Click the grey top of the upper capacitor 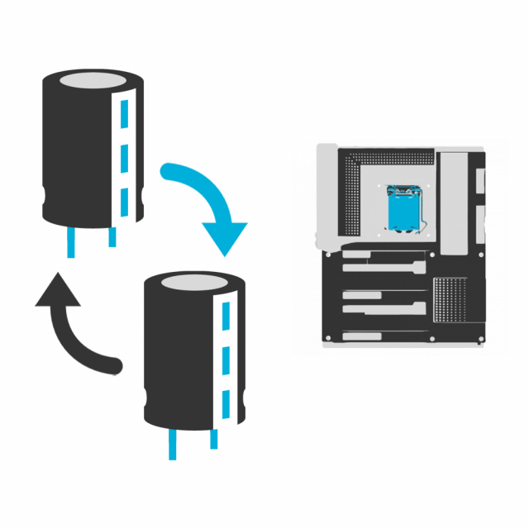[93, 82]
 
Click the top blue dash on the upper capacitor [125, 112]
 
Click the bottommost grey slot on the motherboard [365, 336]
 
